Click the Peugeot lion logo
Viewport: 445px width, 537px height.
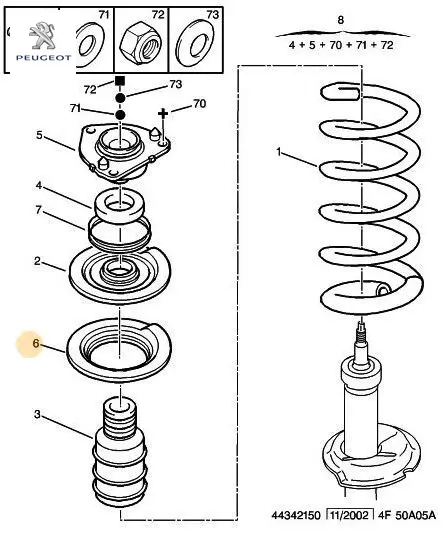[42, 35]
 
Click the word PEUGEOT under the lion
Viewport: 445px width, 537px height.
[44, 58]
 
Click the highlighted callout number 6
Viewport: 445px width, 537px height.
[36, 343]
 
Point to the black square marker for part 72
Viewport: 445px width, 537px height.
[120, 81]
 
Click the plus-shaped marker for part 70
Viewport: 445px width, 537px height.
[163, 113]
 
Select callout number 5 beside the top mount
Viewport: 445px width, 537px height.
[39, 135]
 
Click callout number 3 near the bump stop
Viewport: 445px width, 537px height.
[37, 414]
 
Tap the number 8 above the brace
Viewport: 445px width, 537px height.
[340, 20]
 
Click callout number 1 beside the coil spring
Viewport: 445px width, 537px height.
[279, 151]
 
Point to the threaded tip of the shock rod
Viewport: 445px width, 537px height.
[362, 331]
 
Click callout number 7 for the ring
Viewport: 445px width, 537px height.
[39, 210]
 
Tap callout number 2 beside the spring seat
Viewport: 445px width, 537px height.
[37, 261]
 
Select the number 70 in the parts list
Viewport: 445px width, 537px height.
[336, 45]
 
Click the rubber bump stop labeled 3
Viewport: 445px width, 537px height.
[121, 452]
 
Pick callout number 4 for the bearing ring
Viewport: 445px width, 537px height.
[39, 185]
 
